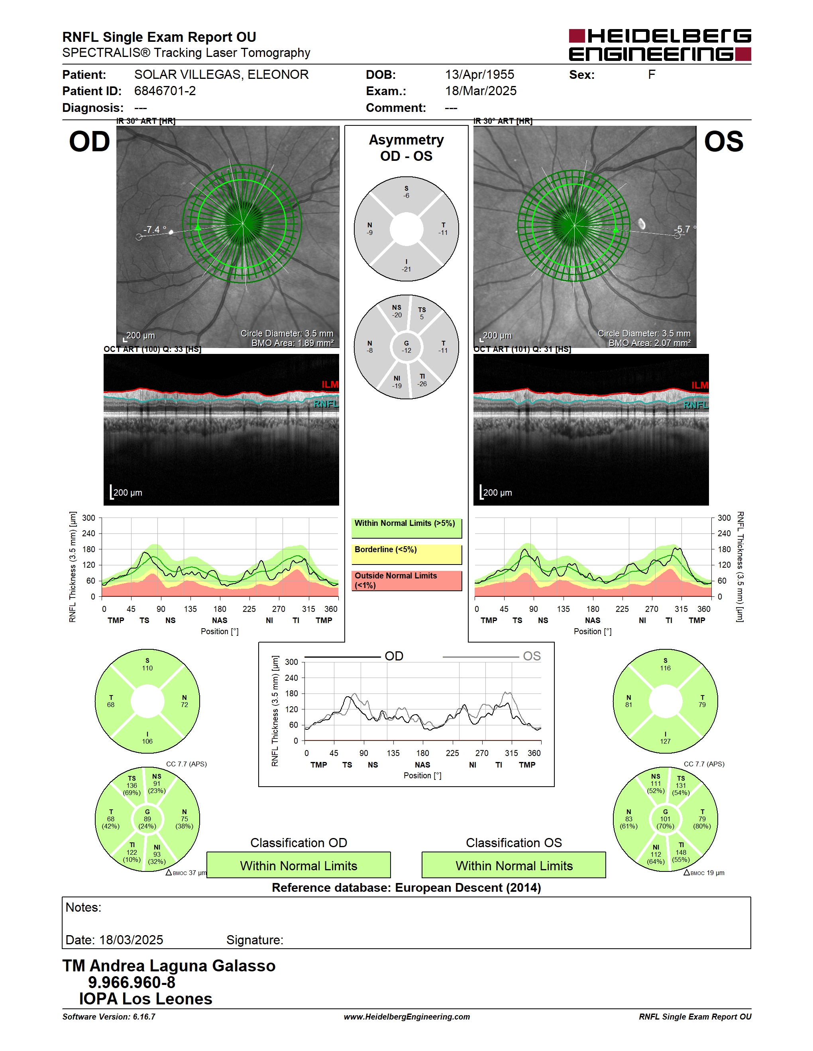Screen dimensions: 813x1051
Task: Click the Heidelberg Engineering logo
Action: click(x=660, y=45)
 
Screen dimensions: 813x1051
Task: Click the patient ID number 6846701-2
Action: click(x=165, y=91)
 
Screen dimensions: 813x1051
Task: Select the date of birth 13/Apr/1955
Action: click(x=479, y=74)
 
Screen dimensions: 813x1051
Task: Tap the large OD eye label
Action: click(x=90, y=142)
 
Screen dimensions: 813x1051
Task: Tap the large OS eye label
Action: click(x=723, y=142)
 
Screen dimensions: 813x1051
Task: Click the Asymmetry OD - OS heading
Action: click(x=406, y=148)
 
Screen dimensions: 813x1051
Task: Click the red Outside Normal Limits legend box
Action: click(x=406, y=580)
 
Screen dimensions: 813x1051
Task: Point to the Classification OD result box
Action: click(x=298, y=865)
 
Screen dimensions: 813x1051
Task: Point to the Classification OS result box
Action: click(x=514, y=865)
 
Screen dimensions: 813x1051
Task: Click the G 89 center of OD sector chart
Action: click(x=147, y=819)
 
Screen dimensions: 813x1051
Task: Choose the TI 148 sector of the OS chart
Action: click(x=681, y=852)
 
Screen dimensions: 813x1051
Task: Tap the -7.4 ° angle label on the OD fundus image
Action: click(x=155, y=230)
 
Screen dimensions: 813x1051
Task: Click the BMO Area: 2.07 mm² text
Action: click(x=649, y=343)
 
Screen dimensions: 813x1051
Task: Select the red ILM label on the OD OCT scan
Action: click(x=330, y=385)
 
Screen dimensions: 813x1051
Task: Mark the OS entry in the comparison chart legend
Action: click(x=532, y=656)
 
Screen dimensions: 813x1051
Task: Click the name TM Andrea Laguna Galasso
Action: click(x=169, y=966)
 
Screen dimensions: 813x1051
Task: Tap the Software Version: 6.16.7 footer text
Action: click(x=109, y=1017)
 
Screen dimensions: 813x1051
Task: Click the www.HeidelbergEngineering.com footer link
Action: click(x=406, y=1017)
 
